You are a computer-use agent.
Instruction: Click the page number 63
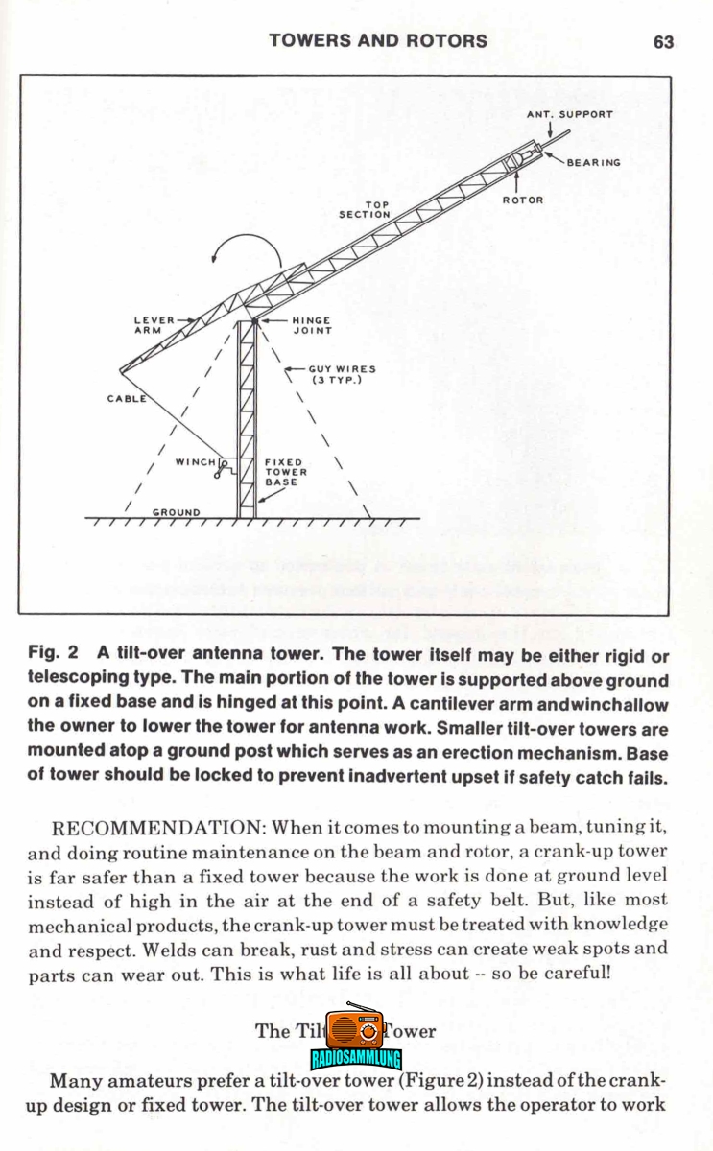tap(663, 42)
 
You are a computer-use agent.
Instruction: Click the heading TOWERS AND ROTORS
tap(378, 41)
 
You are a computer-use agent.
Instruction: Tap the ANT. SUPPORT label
tap(570, 114)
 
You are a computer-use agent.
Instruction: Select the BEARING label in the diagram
tap(594, 163)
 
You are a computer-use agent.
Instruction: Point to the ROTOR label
tap(523, 200)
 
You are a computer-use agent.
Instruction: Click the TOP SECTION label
tap(365, 210)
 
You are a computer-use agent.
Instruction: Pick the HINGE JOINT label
tap(312, 325)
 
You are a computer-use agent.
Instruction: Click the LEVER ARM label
tap(154, 325)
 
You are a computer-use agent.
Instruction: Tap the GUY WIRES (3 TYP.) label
tap(343, 375)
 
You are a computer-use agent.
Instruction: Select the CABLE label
tap(127, 399)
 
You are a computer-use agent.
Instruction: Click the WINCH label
tap(196, 462)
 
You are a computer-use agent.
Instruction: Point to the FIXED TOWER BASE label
tap(286, 472)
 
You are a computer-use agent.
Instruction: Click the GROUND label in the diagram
tap(177, 512)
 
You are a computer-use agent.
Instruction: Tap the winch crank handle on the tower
tap(221, 469)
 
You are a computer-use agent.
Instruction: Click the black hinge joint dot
tap(254, 321)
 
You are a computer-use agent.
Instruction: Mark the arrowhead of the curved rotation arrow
tap(214, 258)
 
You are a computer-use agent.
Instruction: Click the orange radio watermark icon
tap(355, 1026)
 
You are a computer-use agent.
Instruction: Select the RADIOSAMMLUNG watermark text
tap(356, 1059)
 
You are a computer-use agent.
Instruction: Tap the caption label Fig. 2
tap(53, 652)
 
